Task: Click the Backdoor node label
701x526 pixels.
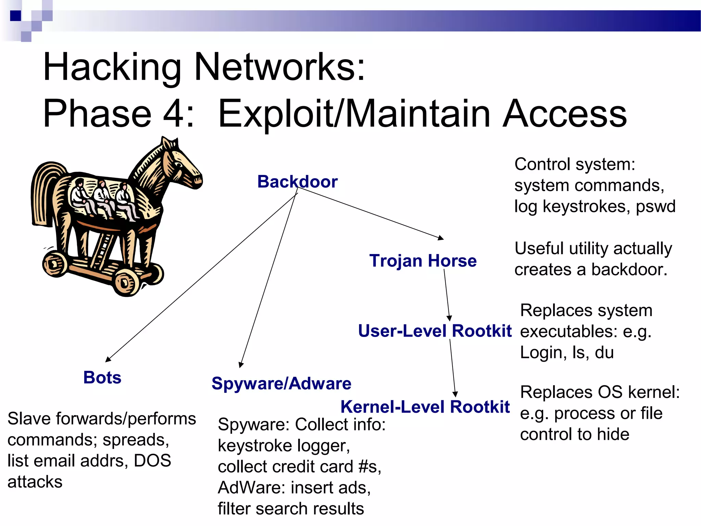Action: pos(297,181)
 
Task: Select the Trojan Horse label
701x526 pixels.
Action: pos(423,261)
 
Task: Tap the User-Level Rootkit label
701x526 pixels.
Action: pos(435,331)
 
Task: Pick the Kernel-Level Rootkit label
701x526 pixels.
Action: pos(425,407)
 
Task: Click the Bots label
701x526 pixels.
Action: pos(102,377)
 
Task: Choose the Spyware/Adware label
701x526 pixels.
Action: pos(281,383)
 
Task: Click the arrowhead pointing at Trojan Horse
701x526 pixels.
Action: pos(441,238)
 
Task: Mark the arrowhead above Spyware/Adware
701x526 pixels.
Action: pos(241,365)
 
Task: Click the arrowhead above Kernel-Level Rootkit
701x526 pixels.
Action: pos(455,394)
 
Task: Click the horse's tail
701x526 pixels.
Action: pos(44,192)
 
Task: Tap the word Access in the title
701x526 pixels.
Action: pos(565,113)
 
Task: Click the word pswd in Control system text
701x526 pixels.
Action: pos(655,206)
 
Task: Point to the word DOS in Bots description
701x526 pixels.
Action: pos(152,461)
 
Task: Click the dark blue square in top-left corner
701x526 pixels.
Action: pos(15,16)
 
